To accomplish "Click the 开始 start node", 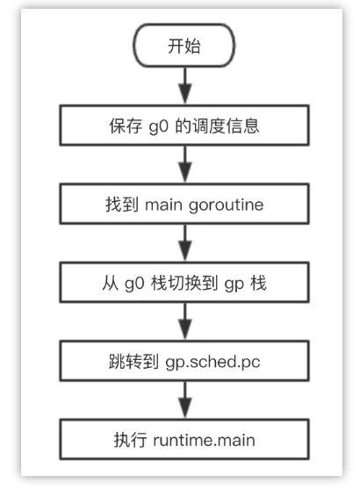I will coord(184,46).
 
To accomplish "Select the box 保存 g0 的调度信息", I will coord(184,126).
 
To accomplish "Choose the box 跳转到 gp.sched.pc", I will coord(184,362).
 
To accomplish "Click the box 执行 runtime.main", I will coord(184,439).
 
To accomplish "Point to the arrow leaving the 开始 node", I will coord(184,85).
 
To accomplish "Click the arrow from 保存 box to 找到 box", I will coord(184,165).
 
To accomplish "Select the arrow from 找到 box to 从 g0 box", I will coord(184,243).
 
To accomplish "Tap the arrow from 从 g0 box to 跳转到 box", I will coord(184,322).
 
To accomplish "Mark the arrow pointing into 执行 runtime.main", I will coord(184,400).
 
